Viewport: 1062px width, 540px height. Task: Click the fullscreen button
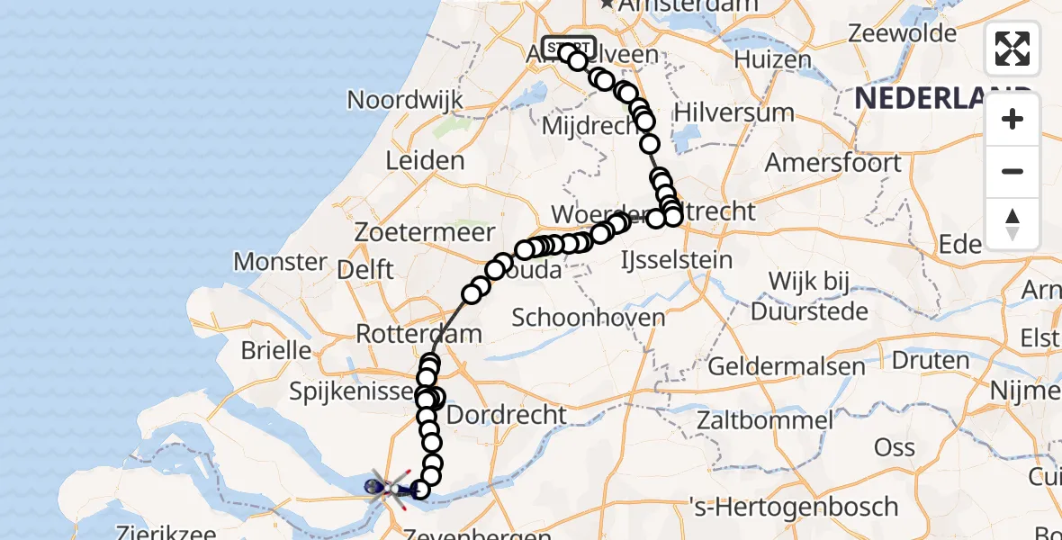[x=1012, y=49]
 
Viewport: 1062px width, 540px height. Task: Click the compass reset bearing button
[x=1012, y=224]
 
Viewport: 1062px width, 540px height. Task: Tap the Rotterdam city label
[x=418, y=333]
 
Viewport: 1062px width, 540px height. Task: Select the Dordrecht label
[x=507, y=415]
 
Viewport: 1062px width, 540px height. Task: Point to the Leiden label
[x=425, y=161]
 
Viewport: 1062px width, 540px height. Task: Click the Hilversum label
[x=733, y=112]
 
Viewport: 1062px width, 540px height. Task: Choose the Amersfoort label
[x=832, y=164]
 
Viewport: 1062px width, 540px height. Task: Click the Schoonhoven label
[x=589, y=317]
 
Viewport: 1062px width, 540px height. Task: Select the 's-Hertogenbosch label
[x=793, y=506]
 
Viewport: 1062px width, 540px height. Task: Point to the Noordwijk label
[x=405, y=99]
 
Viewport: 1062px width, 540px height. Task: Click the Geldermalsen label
[x=787, y=366]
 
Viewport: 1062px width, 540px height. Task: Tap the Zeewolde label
[x=904, y=34]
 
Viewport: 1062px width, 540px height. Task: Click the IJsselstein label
[x=677, y=260]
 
